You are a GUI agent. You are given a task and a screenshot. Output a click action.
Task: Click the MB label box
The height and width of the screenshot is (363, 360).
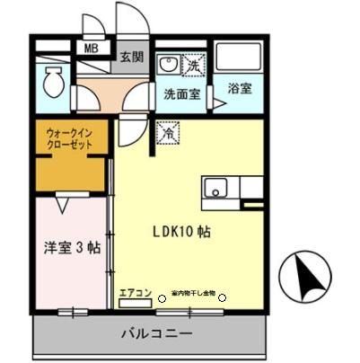tap(92, 50)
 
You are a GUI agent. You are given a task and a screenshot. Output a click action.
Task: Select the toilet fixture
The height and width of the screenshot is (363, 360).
tap(51, 85)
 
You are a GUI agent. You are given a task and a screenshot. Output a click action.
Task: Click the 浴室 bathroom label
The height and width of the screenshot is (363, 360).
tap(240, 91)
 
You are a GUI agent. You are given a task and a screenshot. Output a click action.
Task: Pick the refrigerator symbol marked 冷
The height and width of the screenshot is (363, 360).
tap(167, 132)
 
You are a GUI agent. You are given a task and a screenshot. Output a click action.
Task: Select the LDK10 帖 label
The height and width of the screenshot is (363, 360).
tap(185, 231)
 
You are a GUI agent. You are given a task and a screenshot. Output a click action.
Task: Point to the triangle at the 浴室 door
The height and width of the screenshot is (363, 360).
tap(218, 104)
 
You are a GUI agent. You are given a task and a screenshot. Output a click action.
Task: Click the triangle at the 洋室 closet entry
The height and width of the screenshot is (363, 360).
tap(62, 206)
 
